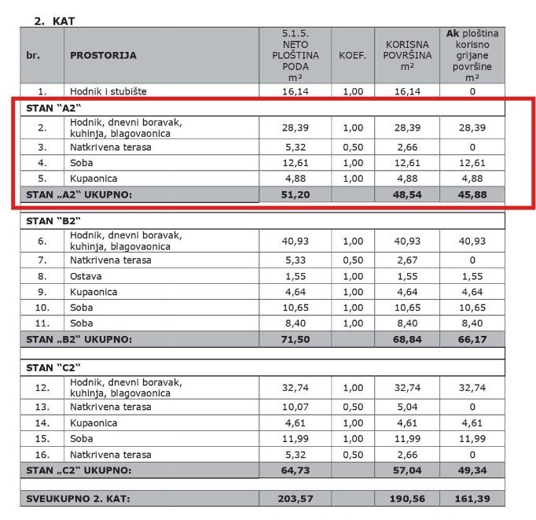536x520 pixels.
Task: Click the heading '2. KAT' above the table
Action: point(54,21)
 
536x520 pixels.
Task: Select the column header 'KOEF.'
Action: point(352,56)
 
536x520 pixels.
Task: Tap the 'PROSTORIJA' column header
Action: point(103,56)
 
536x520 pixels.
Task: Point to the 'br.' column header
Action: point(32,56)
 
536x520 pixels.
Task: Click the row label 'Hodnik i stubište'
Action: point(108,91)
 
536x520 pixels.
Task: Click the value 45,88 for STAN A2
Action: point(472,192)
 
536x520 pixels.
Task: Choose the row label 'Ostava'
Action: point(86,276)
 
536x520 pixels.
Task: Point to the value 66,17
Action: point(472,339)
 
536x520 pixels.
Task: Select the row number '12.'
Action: point(42,387)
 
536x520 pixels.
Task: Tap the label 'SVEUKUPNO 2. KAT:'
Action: point(78,499)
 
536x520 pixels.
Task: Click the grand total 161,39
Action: point(472,499)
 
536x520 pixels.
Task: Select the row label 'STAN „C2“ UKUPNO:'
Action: point(79,470)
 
